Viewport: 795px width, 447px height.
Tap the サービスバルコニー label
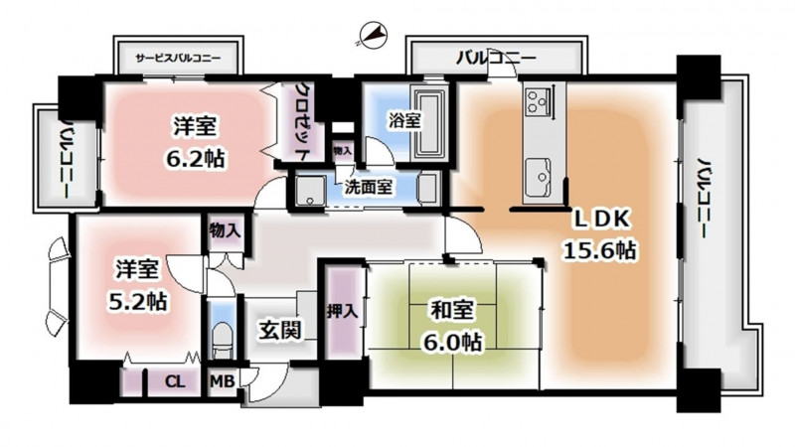tap(178, 58)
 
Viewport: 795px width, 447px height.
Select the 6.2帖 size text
tap(195, 159)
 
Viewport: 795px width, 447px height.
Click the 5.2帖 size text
tap(138, 302)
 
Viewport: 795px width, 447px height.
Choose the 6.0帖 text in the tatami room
tap(453, 343)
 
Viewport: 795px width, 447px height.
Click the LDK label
tap(601, 219)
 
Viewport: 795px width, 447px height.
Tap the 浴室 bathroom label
tap(404, 120)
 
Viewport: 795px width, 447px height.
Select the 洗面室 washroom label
tap(368, 187)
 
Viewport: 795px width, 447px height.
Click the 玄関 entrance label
tap(280, 330)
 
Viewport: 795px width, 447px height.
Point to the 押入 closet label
tap(343, 311)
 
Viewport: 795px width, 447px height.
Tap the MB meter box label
tap(222, 381)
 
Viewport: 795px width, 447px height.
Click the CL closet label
tap(175, 381)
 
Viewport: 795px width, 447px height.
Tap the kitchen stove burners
tap(536, 100)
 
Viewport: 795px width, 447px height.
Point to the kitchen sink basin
tap(538, 177)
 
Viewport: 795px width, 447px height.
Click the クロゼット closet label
tap(303, 121)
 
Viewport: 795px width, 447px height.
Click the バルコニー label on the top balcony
tap(496, 58)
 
